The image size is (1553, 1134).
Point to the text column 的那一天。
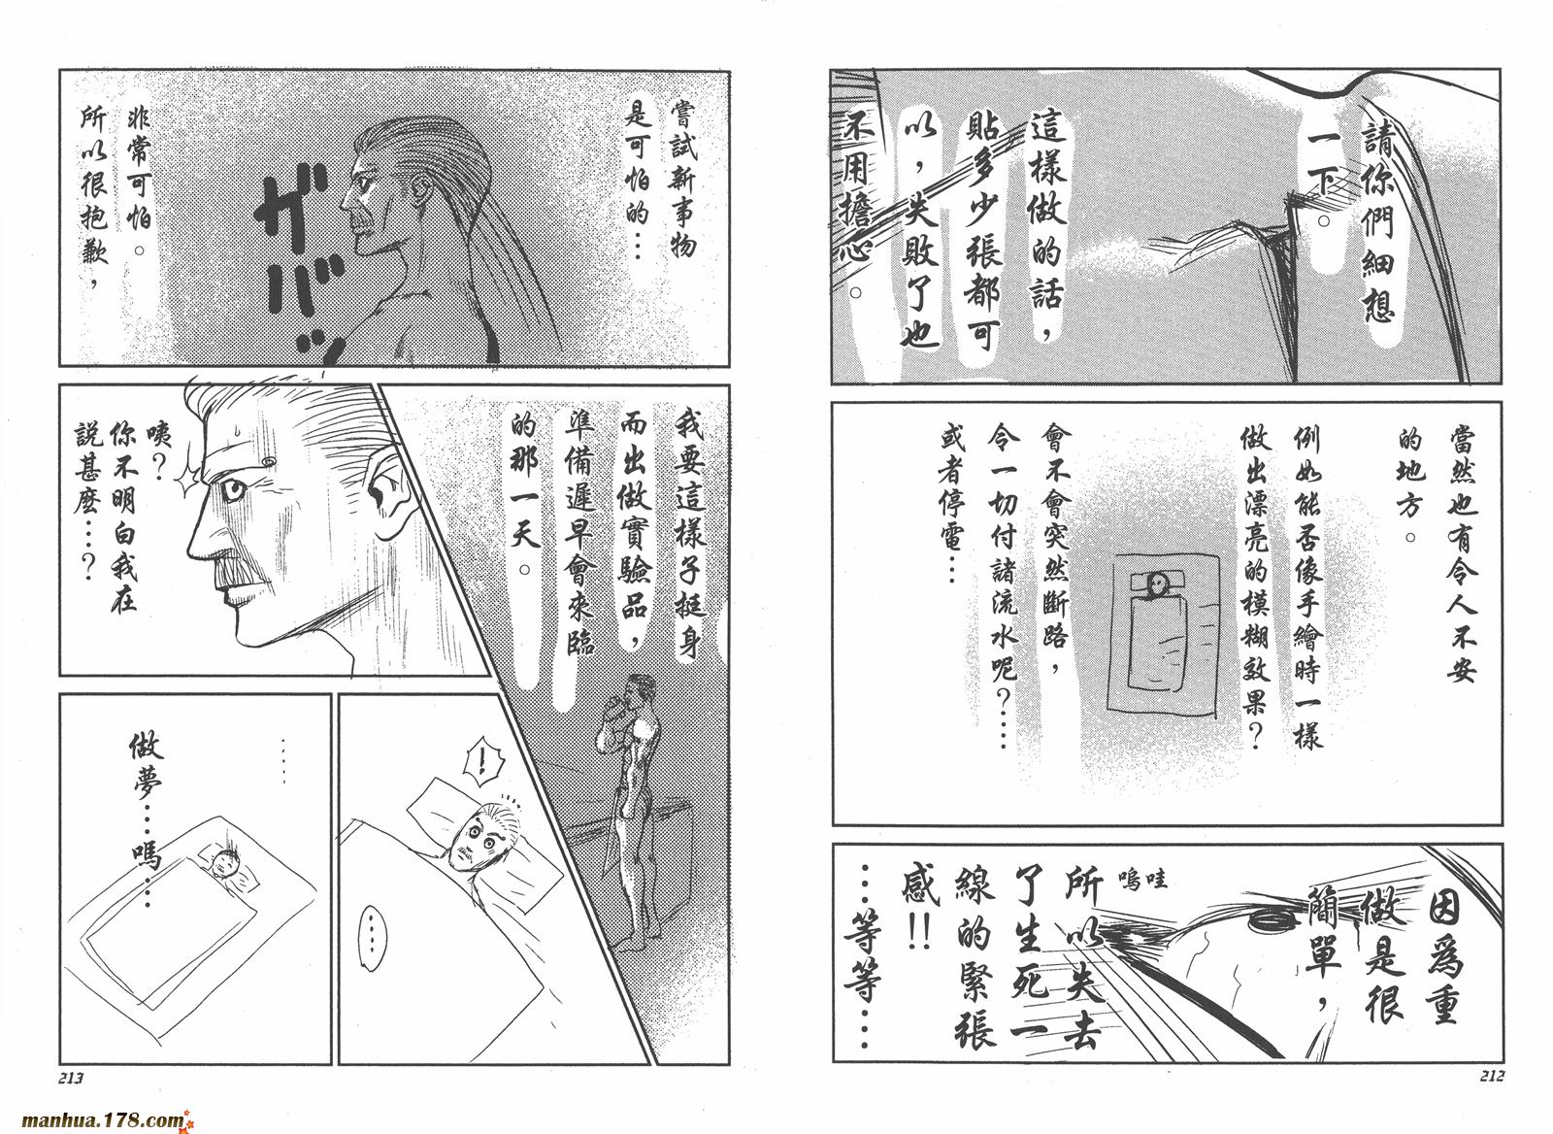(528, 491)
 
